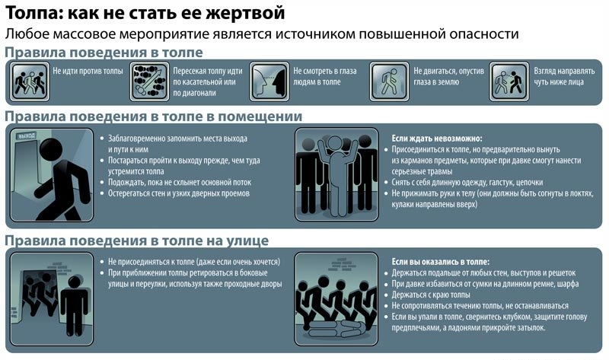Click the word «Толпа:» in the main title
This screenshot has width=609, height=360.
coord(33,13)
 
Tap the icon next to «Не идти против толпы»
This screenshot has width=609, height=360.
coord(30,81)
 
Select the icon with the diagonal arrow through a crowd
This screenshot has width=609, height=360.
coord(149,81)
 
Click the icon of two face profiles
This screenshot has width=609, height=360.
coord(269,81)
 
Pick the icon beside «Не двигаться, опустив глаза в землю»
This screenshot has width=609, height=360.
coord(390,81)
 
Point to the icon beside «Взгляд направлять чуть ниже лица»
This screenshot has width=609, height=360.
coord(509,81)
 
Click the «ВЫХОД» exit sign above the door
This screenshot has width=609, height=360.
coord(27,135)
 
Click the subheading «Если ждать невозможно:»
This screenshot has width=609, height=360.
coord(436,139)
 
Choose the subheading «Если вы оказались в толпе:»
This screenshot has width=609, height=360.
coord(441,262)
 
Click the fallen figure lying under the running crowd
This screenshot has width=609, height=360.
coord(336,330)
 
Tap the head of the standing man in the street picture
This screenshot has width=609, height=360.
coord(74,282)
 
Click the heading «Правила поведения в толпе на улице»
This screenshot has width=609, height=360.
coord(137,241)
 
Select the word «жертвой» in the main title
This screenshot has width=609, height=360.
coord(244,13)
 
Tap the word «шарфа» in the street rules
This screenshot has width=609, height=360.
coord(568,284)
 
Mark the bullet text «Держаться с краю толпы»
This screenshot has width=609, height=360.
coord(431,295)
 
